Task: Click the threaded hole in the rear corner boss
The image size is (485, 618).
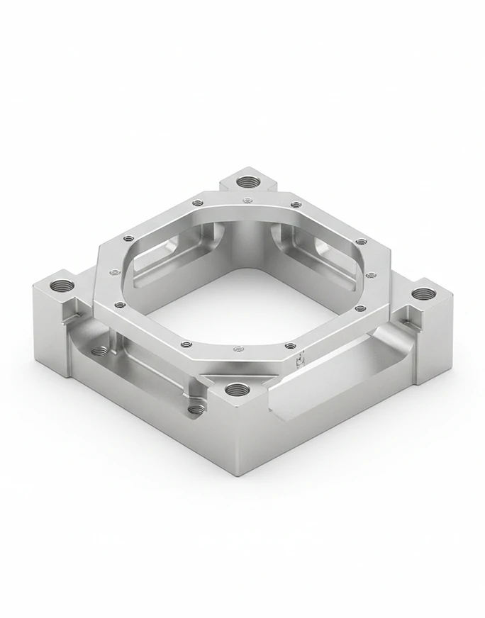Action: point(247,181)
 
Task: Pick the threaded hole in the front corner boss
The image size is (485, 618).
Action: point(235,388)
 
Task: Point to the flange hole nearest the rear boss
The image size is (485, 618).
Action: point(247,201)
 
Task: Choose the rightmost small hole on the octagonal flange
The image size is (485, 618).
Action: point(371,274)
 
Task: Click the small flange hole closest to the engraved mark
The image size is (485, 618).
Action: point(290,345)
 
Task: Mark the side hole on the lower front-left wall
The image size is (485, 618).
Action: point(193,409)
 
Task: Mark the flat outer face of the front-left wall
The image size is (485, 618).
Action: point(142,411)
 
